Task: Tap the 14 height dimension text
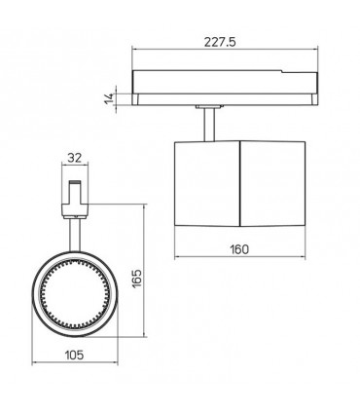(x=113, y=94)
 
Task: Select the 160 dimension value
(x=239, y=249)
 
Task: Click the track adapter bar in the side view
(x=227, y=87)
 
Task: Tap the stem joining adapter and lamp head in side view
(x=208, y=124)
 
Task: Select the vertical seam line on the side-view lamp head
(x=241, y=186)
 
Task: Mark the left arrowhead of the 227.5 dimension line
(x=135, y=52)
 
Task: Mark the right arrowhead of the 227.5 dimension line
(x=316, y=52)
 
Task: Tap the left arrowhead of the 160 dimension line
(x=177, y=260)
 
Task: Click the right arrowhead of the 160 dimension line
(x=305, y=260)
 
